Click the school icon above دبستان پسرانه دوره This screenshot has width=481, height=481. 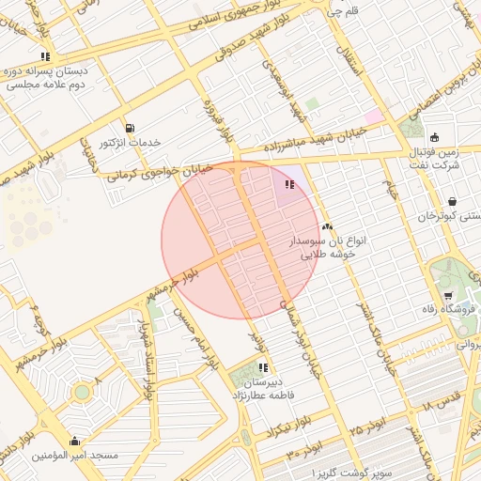point(46,56)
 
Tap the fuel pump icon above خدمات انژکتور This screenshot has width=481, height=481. point(129,128)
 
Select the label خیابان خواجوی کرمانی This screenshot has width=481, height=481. point(160,170)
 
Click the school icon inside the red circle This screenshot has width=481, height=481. point(289,185)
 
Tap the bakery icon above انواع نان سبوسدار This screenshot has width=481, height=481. point(327,226)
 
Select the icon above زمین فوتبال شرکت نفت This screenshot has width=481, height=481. point(434,137)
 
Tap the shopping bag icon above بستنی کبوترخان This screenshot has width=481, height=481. point(453,200)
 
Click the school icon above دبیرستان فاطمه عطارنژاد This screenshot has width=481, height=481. point(264,367)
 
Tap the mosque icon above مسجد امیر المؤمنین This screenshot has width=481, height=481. point(75,441)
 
